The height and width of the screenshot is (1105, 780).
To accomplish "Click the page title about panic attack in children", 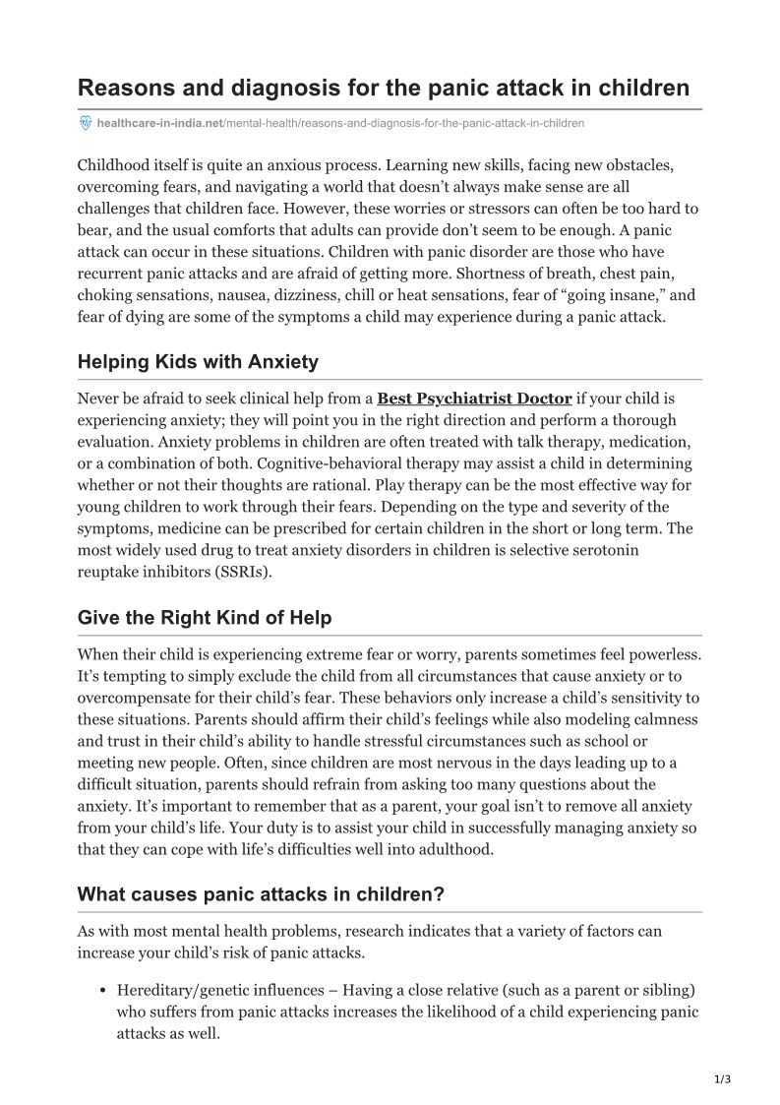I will point(384,88).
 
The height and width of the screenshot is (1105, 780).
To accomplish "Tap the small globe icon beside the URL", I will point(85,123).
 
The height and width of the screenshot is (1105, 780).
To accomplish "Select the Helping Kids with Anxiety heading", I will point(198,361).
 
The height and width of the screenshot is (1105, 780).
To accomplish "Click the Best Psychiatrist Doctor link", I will point(474,399).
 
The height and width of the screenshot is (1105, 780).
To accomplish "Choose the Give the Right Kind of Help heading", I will point(205,618).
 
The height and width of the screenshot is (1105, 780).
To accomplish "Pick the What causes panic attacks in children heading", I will point(261,894).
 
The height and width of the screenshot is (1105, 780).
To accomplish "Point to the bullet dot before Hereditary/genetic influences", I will point(102,990).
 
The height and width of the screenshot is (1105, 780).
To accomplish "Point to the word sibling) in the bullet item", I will point(671,989).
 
